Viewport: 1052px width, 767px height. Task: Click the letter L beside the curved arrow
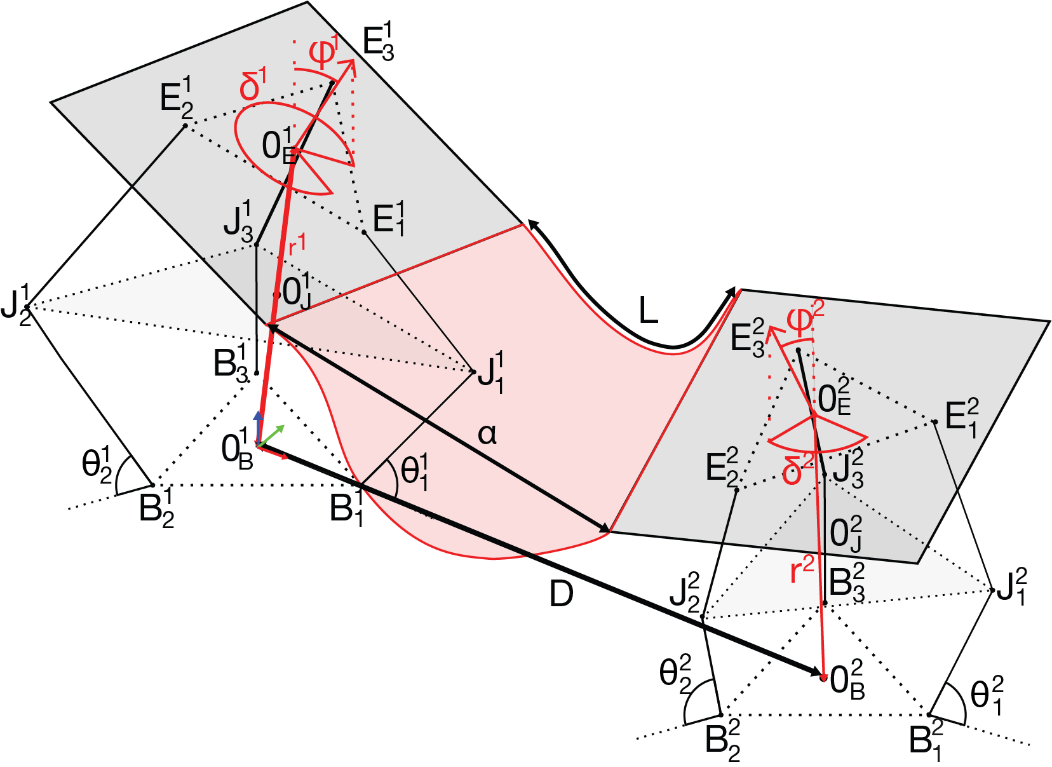(x=648, y=311)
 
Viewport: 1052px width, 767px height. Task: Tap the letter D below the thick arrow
(x=561, y=595)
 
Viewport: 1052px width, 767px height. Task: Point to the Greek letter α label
(x=487, y=435)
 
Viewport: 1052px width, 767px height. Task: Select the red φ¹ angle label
(x=324, y=53)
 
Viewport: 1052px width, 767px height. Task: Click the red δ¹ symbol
(x=253, y=86)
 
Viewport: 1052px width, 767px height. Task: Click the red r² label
(x=802, y=570)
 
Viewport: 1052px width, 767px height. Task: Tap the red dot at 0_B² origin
(x=824, y=677)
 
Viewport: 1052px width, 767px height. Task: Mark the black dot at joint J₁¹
(x=473, y=372)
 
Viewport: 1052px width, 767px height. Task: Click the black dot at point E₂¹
(x=185, y=126)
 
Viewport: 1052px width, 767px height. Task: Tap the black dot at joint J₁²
(x=992, y=590)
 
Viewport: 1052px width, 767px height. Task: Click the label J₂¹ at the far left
(x=17, y=304)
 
